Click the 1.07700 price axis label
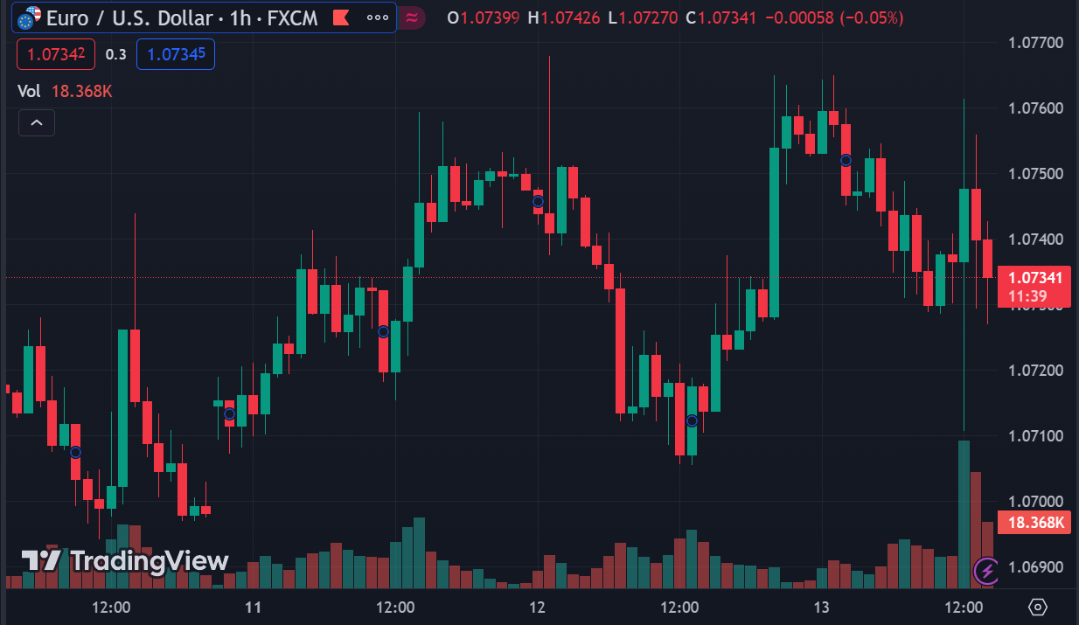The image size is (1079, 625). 1035,42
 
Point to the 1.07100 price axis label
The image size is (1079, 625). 1035,435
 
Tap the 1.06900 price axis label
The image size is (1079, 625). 1035,566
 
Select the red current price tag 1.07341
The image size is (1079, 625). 1034,278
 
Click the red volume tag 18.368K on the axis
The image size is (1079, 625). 1035,523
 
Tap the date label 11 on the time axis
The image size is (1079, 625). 254,608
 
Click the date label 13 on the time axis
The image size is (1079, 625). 821,608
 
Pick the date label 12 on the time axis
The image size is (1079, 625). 537,608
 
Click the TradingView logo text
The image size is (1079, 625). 125,560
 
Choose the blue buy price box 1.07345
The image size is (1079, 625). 176,54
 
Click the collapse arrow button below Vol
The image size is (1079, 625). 37,123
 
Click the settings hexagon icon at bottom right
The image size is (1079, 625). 1038,607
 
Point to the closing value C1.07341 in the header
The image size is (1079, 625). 722,17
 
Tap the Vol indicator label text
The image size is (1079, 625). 29,91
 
